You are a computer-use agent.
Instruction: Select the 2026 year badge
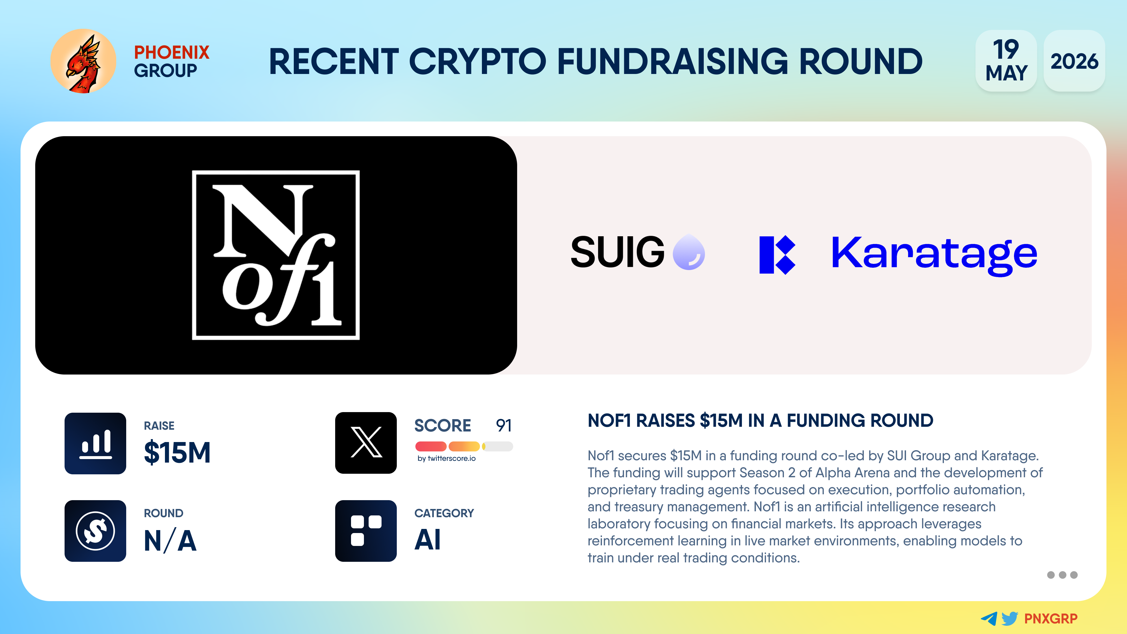tap(1074, 61)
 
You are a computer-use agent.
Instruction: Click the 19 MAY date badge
tap(1006, 61)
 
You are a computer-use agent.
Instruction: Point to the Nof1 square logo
tap(276, 255)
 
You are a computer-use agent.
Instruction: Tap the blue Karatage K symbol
tap(777, 255)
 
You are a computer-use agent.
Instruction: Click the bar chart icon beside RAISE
tap(95, 443)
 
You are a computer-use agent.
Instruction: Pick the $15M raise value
tap(177, 452)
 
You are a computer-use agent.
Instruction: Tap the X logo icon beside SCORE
tap(366, 443)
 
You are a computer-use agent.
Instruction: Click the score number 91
tap(504, 425)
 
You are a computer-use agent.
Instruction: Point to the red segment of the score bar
tap(431, 446)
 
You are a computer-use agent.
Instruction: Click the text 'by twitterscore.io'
tap(446, 458)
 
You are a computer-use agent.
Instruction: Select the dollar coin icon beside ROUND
tap(95, 531)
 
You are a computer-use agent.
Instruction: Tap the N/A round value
tap(170, 540)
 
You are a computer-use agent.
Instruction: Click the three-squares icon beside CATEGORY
tap(366, 531)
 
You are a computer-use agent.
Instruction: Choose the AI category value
tap(427, 539)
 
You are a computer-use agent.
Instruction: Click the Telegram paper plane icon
tap(989, 618)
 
